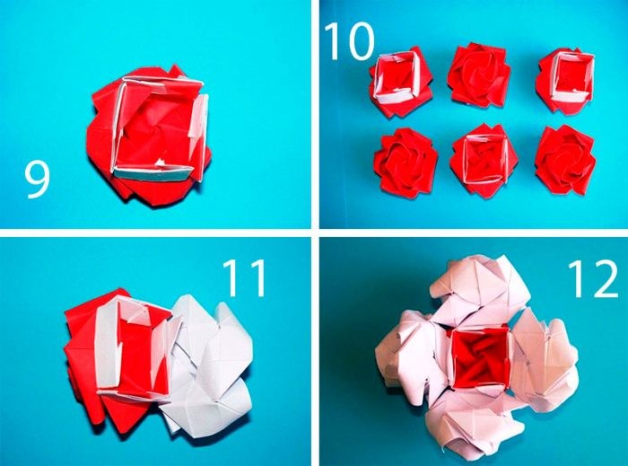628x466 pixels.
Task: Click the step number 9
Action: point(37,180)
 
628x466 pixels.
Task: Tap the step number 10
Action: point(349,41)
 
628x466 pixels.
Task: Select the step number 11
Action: point(244,277)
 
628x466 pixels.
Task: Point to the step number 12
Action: point(593,279)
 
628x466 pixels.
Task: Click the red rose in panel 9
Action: point(149,136)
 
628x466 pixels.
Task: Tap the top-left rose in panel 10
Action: point(401,83)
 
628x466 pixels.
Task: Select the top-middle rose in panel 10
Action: point(478,75)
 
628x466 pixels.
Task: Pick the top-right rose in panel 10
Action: point(565,81)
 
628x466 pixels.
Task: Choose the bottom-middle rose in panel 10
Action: point(484,161)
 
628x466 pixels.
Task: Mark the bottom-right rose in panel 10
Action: point(565,159)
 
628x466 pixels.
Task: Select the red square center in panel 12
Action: point(481,358)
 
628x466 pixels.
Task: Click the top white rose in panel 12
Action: point(481,291)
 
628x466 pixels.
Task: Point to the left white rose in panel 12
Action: point(413,356)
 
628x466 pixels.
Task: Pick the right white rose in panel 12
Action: point(545,358)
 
